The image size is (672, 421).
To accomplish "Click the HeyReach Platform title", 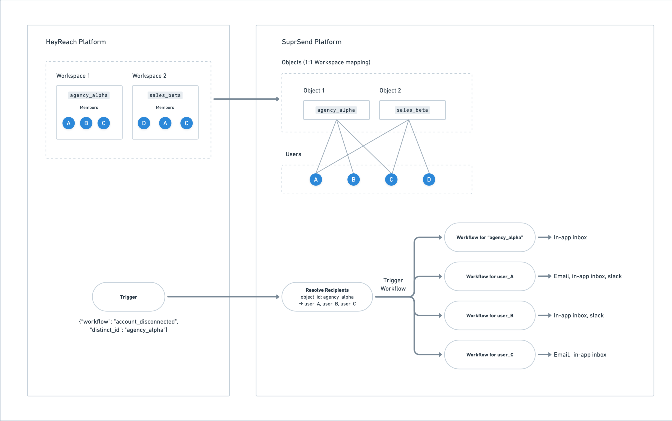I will click(x=76, y=42).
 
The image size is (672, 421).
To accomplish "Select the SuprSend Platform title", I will click(x=311, y=42).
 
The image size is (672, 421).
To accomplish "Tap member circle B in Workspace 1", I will click(x=86, y=123).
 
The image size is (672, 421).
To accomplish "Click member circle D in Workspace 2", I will click(x=144, y=123).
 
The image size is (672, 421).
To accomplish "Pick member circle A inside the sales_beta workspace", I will click(x=165, y=123).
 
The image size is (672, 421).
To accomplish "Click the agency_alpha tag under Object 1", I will click(x=336, y=110).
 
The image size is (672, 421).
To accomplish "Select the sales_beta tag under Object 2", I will click(x=412, y=110).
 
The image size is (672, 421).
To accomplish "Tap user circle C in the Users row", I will click(x=391, y=180).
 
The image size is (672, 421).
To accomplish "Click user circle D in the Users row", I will click(x=429, y=180).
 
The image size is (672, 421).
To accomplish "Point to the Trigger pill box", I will click(x=128, y=297).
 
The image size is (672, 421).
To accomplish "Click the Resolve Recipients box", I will click(x=327, y=297).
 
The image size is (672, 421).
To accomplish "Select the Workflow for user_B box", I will click(x=490, y=315).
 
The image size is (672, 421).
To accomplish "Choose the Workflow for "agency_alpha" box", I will click(x=490, y=237).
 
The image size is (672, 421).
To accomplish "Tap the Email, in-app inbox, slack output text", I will click(x=587, y=276).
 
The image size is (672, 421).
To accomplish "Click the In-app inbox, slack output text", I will click(x=578, y=315).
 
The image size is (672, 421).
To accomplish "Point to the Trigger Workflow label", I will click(x=393, y=284).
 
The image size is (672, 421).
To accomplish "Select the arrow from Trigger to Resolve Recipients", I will click(x=223, y=297).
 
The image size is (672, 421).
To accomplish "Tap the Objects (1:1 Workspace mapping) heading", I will click(x=326, y=62).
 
